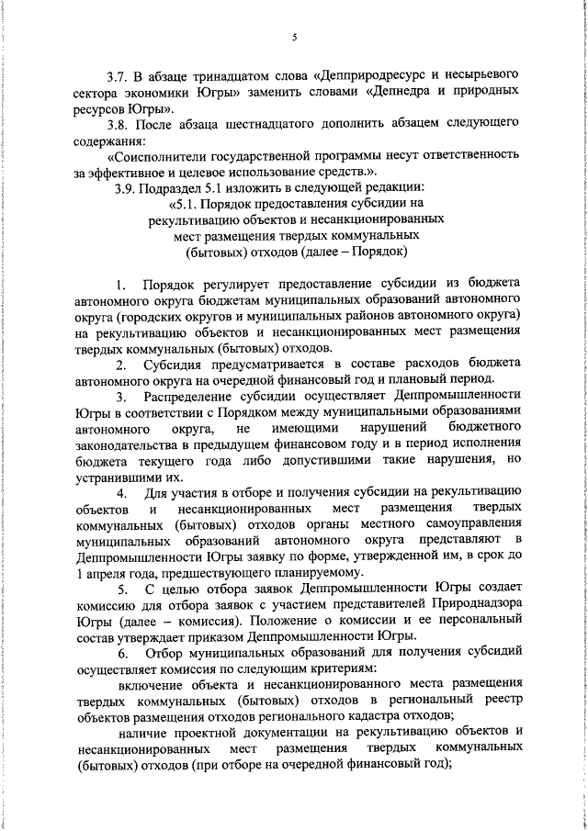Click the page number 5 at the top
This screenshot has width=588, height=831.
294,38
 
